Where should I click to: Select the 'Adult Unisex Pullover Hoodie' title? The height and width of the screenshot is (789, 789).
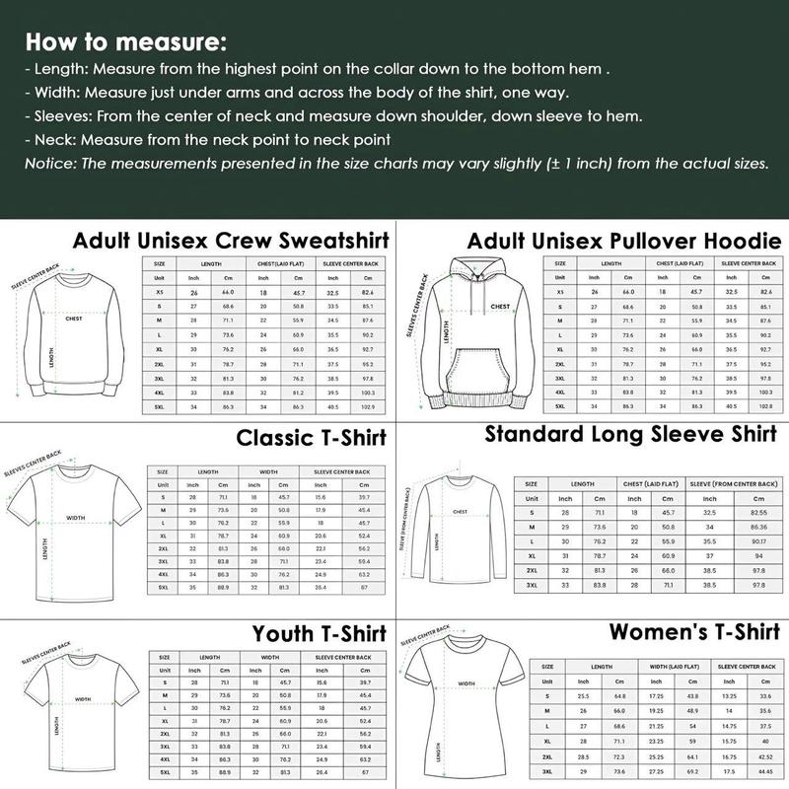(x=624, y=241)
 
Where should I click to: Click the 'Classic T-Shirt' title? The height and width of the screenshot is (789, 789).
(x=312, y=437)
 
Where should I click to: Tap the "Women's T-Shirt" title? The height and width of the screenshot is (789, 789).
(x=694, y=631)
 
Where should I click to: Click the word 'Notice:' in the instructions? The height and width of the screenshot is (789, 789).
(x=51, y=163)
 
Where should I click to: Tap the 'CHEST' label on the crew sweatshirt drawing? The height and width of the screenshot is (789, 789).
(x=73, y=319)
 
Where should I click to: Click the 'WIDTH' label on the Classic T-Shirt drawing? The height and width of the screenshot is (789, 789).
(x=75, y=517)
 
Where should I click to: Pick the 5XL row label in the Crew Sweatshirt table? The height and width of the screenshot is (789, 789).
(x=159, y=406)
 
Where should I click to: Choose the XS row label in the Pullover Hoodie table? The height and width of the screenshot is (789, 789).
(x=559, y=292)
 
